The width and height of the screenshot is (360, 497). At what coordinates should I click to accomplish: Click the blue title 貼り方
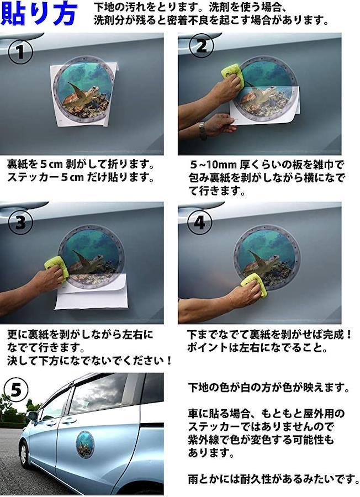tap(39, 14)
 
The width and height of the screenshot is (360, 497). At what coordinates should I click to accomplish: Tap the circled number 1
tap(20, 52)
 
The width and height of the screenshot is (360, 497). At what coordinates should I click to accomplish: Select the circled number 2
tap(201, 46)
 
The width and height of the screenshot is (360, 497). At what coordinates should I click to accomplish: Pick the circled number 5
tap(17, 390)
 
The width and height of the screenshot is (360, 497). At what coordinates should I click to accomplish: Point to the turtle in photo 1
tap(81, 94)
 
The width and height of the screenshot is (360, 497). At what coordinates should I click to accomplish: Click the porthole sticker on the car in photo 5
tap(85, 444)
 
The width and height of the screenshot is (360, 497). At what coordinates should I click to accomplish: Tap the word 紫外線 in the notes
tap(203, 440)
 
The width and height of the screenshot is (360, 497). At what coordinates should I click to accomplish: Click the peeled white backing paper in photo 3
tap(91, 293)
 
